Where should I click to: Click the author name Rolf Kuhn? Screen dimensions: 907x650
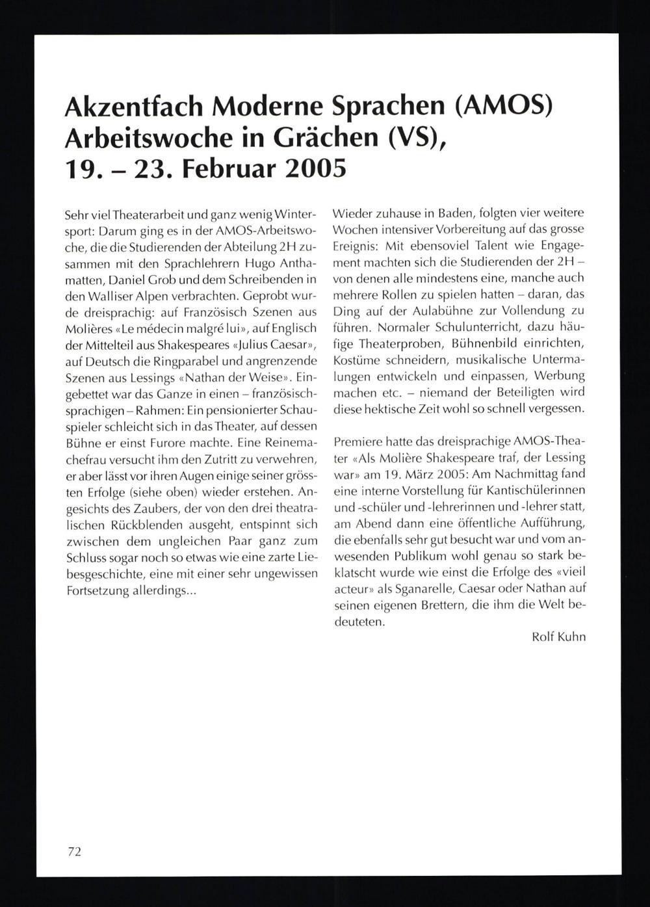[558, 637]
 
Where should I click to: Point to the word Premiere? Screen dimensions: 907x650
[359, 441]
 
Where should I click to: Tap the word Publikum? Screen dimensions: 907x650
[420, 556]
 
